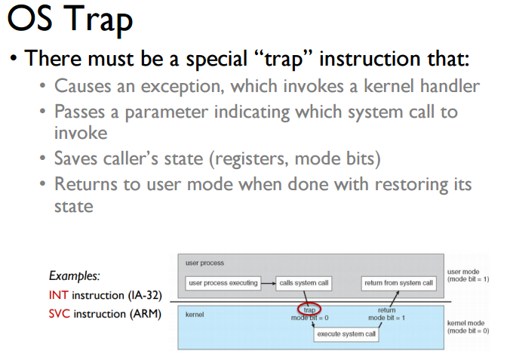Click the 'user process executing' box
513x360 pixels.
tap(223, 283)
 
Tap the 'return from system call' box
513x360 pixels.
tap(398, 283)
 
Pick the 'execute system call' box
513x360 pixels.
tap(346, 334)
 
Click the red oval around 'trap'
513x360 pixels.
tap(309, 309)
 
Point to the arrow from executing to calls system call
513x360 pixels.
tap(268, 283)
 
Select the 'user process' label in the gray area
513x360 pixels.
tap(204, 263)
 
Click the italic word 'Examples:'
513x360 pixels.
tap(74, 276)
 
